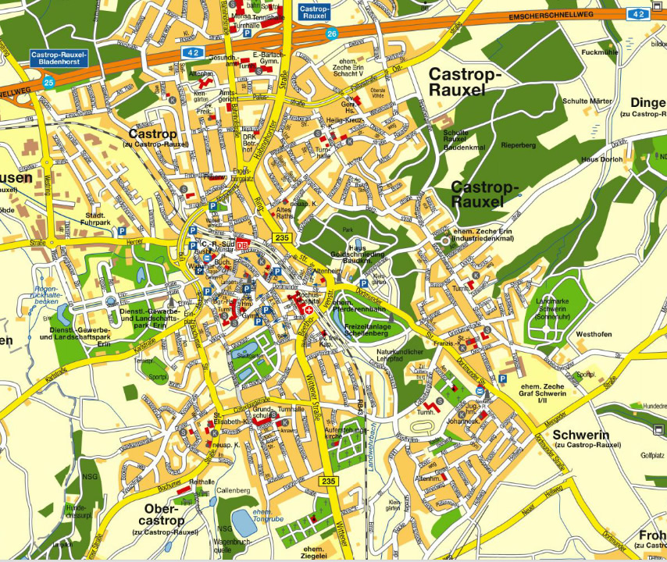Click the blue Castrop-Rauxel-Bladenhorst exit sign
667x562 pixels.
coord(59,58)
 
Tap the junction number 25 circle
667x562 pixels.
coord(49,82)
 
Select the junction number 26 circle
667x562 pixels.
coord(332,34)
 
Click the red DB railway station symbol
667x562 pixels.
coord(242,245)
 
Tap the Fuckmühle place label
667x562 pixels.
coord(600,52)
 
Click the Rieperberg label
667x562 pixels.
coord(518,145)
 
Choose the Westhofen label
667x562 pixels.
coord(593,334)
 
